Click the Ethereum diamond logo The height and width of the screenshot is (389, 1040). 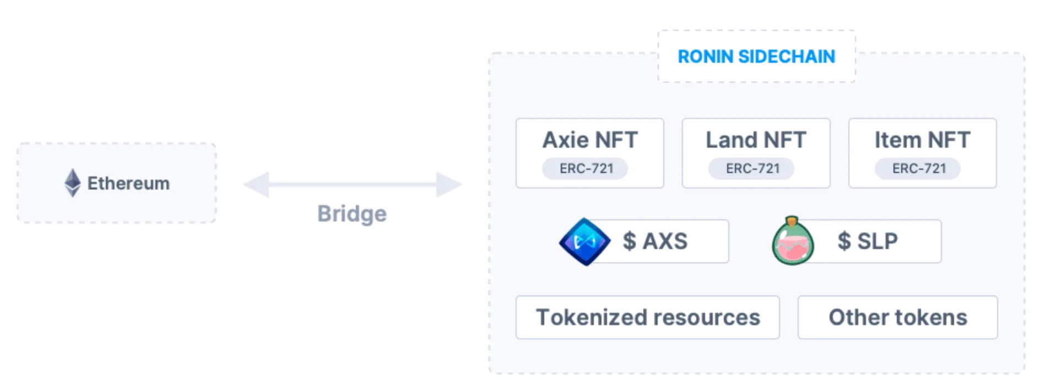click(72, 182)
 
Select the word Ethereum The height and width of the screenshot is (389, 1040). click(128, 183)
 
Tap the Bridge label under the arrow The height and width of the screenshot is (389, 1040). click(352, 214)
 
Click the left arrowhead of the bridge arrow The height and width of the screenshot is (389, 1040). click(256, 184)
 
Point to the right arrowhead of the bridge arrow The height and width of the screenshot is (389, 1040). click(449, 184)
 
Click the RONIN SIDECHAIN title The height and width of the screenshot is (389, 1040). click(756, 56)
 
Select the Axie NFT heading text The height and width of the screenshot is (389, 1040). click(590, 140)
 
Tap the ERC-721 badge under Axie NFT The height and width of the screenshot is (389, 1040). click(585, 168)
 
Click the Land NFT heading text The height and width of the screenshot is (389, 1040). click(756, 140)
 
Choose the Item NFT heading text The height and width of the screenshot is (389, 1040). click(922, 140)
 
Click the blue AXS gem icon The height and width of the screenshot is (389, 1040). click(585, 241)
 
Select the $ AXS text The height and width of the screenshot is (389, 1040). click(655, 241)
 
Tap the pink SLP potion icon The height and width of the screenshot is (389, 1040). click(793, 241)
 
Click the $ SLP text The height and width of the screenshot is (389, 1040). click(868, 241)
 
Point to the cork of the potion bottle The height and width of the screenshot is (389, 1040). click(792, 221)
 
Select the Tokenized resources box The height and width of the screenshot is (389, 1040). click(648, 317)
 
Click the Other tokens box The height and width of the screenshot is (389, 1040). click(898, 317)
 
